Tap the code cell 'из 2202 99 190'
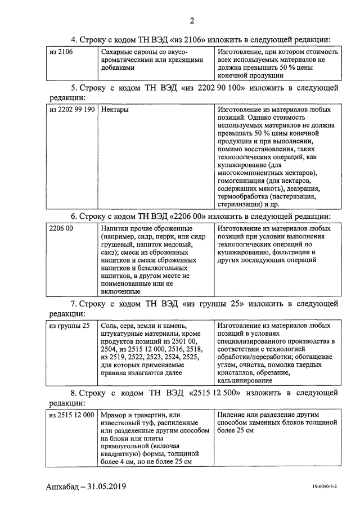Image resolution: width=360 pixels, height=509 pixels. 72,110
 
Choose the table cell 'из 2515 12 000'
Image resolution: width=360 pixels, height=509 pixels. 71,415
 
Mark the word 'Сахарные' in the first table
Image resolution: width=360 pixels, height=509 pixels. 116,52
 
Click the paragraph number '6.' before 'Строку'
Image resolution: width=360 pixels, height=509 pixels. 74,215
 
